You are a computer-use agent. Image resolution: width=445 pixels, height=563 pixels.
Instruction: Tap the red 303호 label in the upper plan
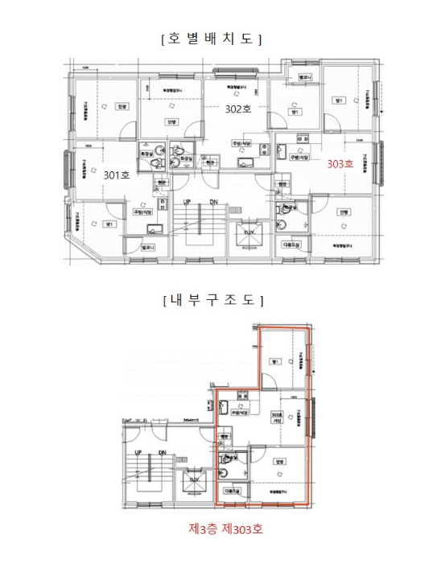click(339, 163)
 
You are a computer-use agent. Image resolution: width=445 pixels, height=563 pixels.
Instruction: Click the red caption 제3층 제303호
click(225, 529)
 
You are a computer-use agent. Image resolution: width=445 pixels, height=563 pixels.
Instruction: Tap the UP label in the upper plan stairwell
click(186, 201)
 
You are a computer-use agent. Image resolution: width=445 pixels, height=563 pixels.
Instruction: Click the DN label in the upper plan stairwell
click(213, 201)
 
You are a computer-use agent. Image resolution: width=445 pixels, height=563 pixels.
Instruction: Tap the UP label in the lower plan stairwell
click(138, 454)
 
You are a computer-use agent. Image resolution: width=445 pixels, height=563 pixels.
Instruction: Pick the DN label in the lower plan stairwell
click(163, 454)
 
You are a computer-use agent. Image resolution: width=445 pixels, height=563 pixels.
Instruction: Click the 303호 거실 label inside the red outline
click(278, 417)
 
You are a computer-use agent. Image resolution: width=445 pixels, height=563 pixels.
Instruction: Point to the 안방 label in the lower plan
click(280, 462)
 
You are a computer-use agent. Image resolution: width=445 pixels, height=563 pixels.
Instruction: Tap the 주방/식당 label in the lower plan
click(238, 412)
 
